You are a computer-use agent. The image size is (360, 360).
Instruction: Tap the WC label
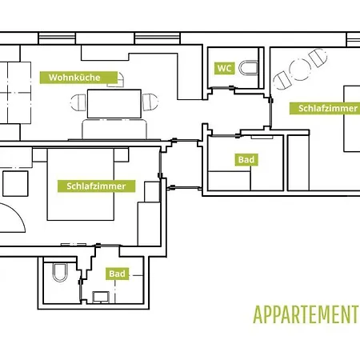point(224,68)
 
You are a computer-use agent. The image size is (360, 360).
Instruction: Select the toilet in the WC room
point(248,68)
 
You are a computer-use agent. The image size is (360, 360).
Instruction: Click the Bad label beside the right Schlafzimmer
point(246,159)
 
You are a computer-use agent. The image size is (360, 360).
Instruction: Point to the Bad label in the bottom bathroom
point(117,274)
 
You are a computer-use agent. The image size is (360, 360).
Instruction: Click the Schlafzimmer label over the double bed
point(96,186)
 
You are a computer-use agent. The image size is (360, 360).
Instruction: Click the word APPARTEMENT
point(306,314)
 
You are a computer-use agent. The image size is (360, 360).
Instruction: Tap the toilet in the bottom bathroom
point(60,272)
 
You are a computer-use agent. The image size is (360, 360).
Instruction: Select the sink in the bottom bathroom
point(101,297)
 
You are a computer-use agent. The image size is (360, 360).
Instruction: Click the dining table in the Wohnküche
point(114,104)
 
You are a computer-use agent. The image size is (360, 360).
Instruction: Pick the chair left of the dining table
point(78,102)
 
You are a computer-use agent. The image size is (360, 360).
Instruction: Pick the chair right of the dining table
point(150,102)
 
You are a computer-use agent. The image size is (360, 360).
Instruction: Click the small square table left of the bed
point(15,184)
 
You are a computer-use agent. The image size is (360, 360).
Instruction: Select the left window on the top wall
point(57,38)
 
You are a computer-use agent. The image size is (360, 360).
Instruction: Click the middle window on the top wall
point(158,38)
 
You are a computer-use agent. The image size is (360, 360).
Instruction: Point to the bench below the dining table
point(114,130)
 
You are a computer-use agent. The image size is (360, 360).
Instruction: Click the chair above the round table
point(318,58)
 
